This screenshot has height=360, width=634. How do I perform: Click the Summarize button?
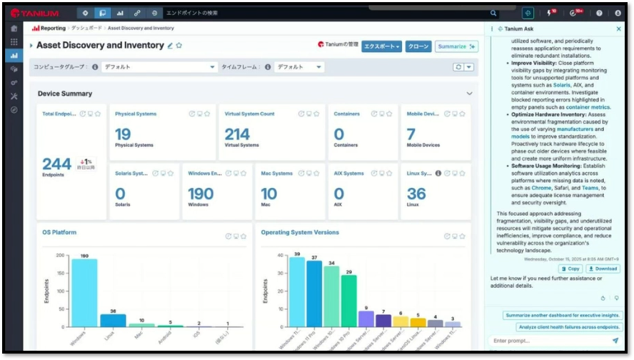coord(456,46)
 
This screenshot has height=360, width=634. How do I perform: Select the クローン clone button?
coord(418,46)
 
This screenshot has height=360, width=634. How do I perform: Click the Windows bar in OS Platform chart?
coord(84,293)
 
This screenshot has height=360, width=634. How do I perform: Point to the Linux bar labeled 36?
coord(113,320)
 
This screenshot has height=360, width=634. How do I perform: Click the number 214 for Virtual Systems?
coord(238,134)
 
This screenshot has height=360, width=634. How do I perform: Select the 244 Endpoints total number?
coord(56,164)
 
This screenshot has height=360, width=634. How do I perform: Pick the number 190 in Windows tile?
coord(201,194)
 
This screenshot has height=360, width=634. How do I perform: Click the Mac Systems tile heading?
coord(276,173)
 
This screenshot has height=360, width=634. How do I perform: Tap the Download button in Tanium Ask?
coord(603,269)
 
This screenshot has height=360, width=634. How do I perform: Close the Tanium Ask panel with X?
coord(618,29)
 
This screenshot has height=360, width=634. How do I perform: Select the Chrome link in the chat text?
coord(541,188)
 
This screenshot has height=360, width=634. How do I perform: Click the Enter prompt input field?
coord(546,341)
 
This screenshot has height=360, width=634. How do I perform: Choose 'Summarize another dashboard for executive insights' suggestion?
coord(560,315)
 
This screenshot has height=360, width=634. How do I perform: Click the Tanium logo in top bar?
coord(34,13)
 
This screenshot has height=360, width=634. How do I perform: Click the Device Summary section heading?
coord(65,94)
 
